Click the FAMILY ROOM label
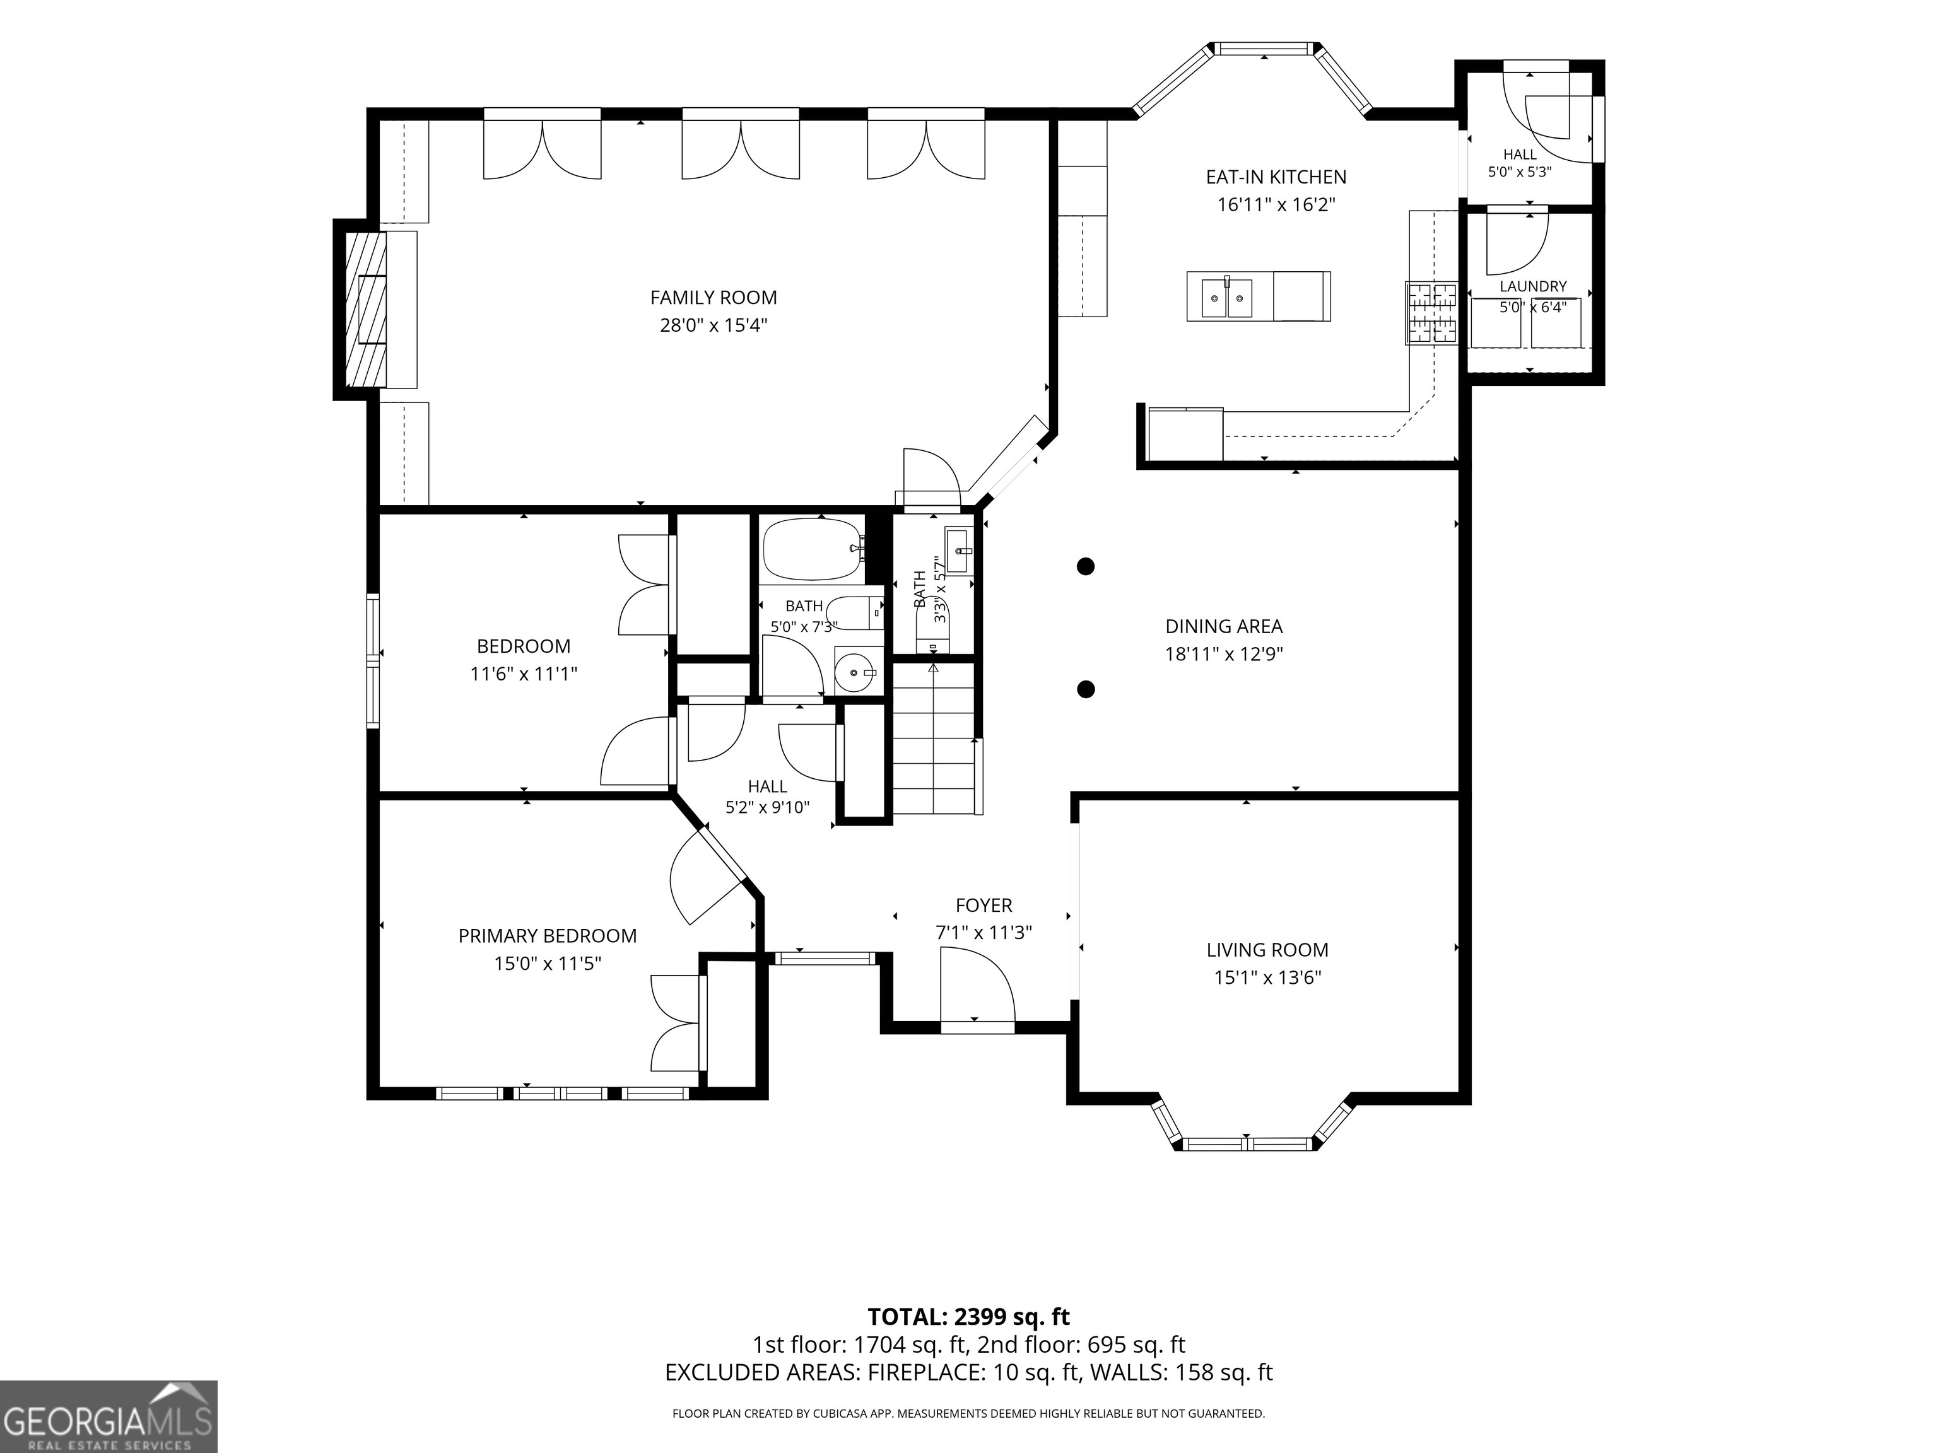(713, 298)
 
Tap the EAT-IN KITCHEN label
(1276, 177)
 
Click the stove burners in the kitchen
(1431, 313)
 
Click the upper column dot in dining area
(1086, 567)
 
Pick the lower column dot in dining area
(1086, 689)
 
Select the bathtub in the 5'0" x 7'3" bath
(813, 549)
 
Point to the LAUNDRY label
(1533, 286)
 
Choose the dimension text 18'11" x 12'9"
(1224, 654)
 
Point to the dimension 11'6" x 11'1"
(524, 674)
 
